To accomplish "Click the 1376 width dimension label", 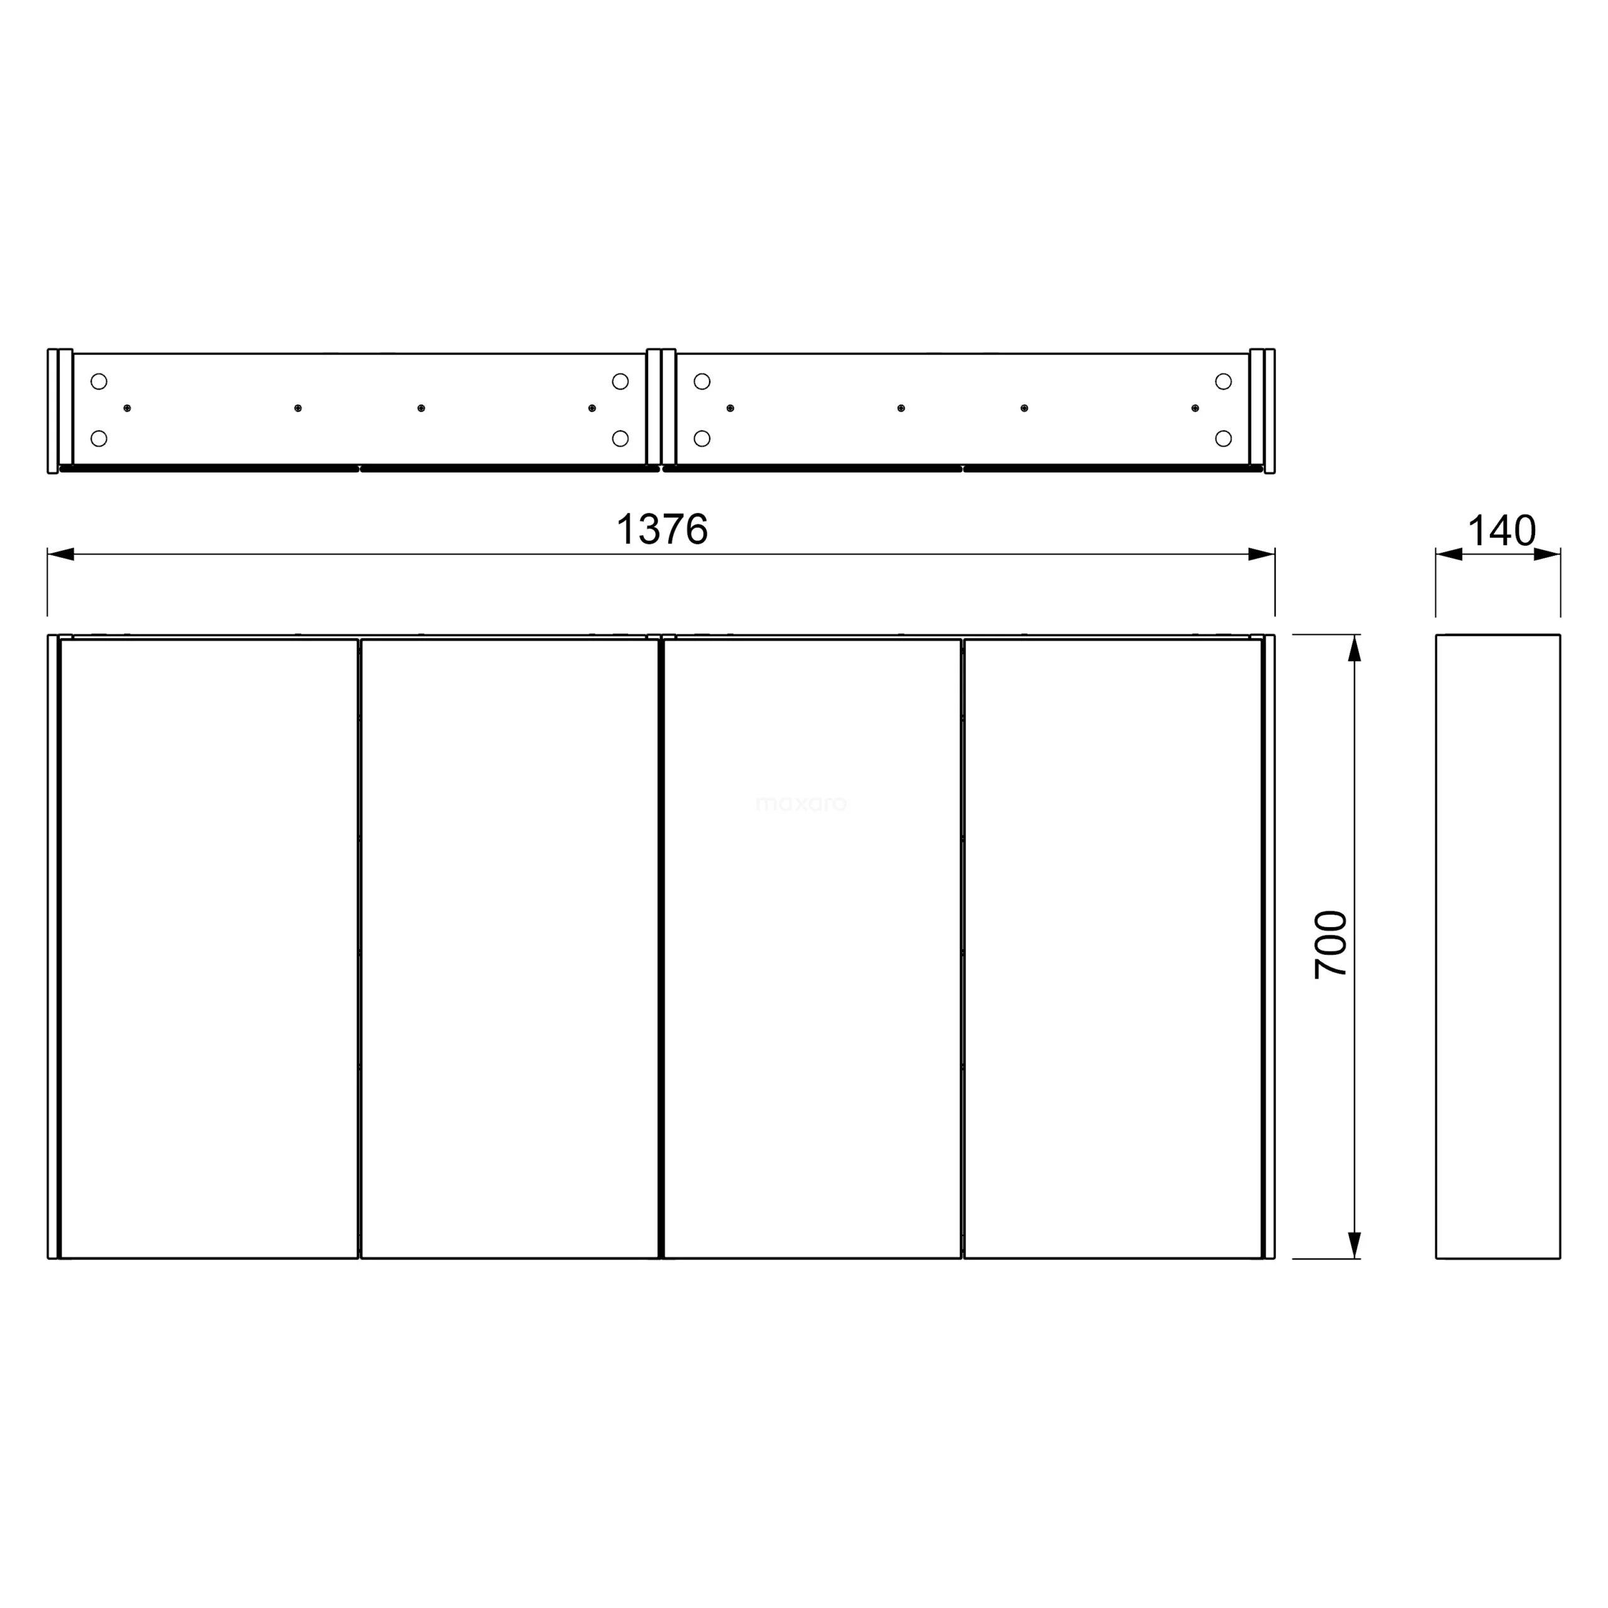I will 661,530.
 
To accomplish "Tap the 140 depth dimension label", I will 1501,531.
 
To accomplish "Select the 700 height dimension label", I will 1330,945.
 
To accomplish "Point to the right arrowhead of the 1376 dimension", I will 1262,554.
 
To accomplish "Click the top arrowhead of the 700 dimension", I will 1354,648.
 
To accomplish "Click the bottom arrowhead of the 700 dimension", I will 1354,1245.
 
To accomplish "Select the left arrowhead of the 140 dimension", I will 1449,554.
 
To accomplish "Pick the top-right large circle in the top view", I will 1223,382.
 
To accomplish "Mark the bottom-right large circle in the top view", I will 1223,438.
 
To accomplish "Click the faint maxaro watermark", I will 801,804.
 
